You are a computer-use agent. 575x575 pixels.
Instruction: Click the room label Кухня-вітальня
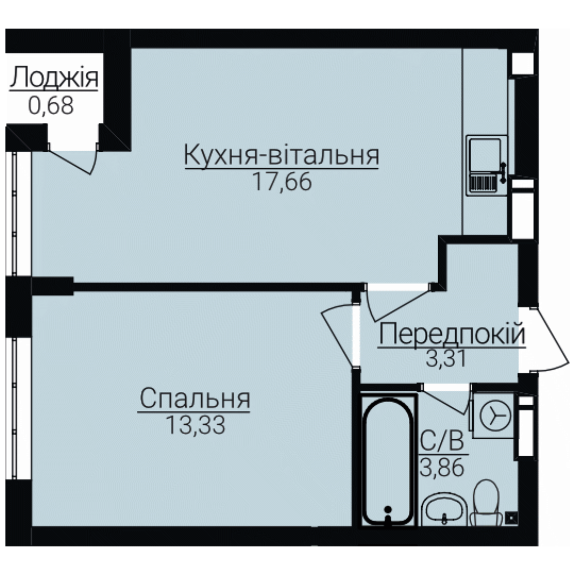pyautogui.click(x=281, y=155)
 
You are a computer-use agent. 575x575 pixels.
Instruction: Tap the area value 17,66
pyautogui.click(x=282, y=182)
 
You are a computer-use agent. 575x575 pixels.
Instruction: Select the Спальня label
pyautogui.click(x=195, y=399)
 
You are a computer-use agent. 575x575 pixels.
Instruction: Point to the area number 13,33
pyautogui.click(x=195, y=425)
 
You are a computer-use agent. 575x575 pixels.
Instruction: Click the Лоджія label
pyautogui.click(x=54, y=78)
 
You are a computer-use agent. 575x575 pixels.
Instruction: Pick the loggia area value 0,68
pyautogui.click(x=51, y=105)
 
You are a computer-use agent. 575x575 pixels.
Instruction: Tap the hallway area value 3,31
pyautogui.click(x=446, y=358)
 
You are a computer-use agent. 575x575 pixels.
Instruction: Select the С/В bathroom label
pyautogui.click(x=442, y=441)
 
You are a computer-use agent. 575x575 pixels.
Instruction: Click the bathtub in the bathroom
pyautogui.click(x=388, y=461)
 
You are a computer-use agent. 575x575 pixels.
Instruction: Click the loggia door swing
pyautogui.click(x=73, y=162)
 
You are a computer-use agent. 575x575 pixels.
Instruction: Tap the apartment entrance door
pyautogui.click(x=547, y=338)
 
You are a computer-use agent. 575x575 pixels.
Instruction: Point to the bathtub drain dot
pyautogui.click(x=388, y=509)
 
